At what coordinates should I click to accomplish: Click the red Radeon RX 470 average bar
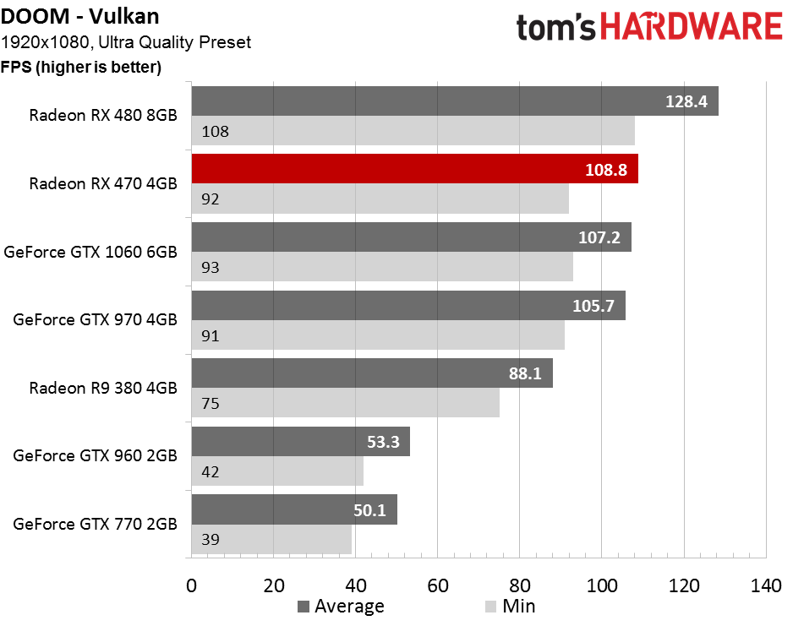pyautogui.click(x=415, y=169)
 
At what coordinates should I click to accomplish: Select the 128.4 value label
pyautogui.click(x=686, y=101)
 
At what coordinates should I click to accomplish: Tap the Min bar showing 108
pyautogui.click(x=413, y=131)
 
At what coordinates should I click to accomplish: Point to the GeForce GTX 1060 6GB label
pyautogui.click(x=90, y=252)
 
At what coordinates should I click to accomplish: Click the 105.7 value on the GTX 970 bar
pyautogui.click(x=593, y=306)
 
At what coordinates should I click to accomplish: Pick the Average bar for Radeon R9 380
pyautogui.click(x=372, y=373)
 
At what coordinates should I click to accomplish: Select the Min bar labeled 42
pyautogui.click(x=277, y=471)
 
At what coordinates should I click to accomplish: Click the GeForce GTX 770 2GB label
pyautogui.click(x=95, y=524)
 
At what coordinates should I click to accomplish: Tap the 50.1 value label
pyautogui.click(x=369, y=510)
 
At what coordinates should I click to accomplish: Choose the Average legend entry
pyautogui.click(x=342, y=607)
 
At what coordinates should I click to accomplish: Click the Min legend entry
pyautogui.click(x=510, y=607)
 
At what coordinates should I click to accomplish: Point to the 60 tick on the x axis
pyautogui.click(x=437, y=586)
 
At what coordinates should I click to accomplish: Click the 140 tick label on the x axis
pyautogui.click(x=766, y=586)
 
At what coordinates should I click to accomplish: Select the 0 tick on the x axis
pyautogui.click(x=191, y=586)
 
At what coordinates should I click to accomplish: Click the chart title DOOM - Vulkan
pyautogui.click(x=80, y=16)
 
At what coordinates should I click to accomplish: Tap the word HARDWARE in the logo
pyautogui.click(x=692, y=27)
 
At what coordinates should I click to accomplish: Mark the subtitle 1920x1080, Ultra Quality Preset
pyautogui.click(x=126, y=42)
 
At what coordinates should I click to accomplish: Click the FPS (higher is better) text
pyautogui.click(x=81, y=67)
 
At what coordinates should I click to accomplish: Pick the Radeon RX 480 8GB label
pyautogui.click(x=103, y=115)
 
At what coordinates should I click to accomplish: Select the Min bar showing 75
pyautogui.click(x=346, y=403)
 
